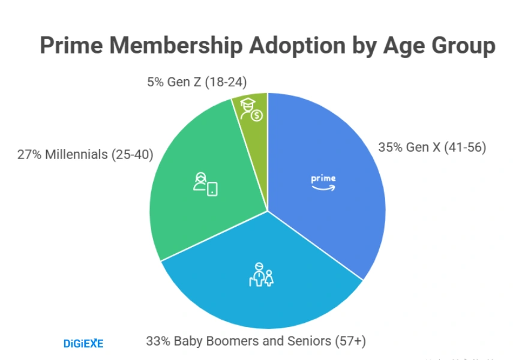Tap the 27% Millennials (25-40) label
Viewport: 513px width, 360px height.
[x=85, y=154]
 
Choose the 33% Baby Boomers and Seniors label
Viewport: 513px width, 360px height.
[x=256, y=341]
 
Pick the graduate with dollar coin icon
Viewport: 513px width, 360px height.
[x=251, y=109]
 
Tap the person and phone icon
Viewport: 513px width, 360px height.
[x=205, y=184]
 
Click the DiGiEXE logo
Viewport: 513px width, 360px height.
[x=83, y=343]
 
